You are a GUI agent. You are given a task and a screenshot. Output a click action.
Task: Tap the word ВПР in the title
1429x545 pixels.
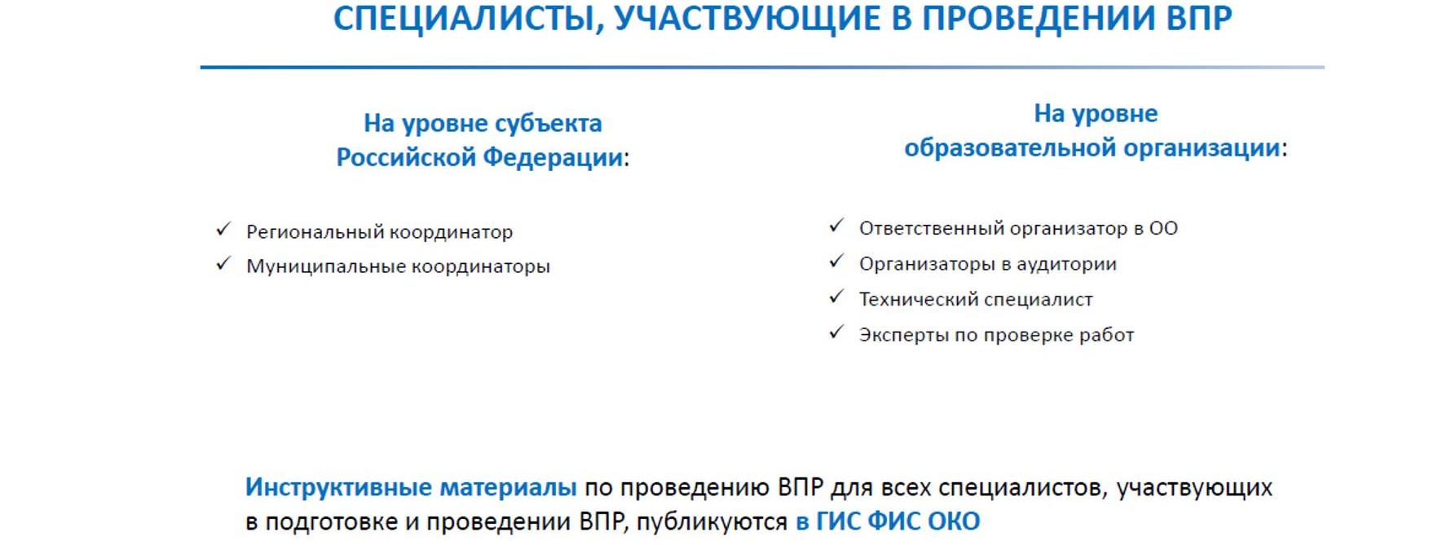point(1199,18)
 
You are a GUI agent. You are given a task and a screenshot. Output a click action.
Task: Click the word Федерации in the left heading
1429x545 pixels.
point(554,157)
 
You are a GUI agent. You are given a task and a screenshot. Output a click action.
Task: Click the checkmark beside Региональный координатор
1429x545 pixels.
point(223,230)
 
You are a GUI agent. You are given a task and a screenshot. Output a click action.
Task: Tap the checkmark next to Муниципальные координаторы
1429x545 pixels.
point(223,264)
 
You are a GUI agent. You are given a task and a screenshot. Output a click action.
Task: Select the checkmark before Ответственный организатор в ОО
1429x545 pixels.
point(836,226)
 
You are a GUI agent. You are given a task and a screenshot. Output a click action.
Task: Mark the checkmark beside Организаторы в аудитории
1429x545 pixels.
point(836,262)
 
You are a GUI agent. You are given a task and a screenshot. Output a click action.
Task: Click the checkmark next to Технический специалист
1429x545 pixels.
point(836,297)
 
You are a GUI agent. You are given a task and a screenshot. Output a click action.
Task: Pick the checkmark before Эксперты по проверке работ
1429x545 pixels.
point(836,332)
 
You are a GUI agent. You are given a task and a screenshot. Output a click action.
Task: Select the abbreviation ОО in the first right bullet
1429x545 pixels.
point(1163,228)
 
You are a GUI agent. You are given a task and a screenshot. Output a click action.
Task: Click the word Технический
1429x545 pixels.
point(915,299)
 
